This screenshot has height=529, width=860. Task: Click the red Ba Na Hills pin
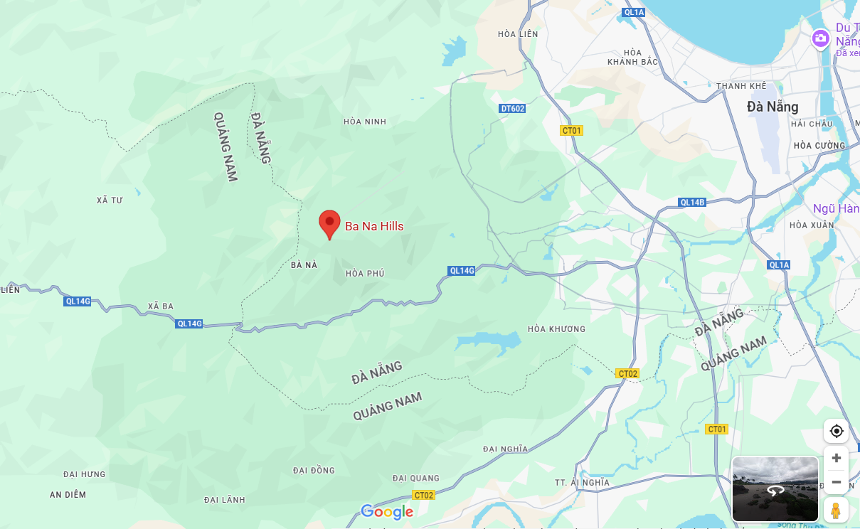tap(329, 223)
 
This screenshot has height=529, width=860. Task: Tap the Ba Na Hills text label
tap(374, 227)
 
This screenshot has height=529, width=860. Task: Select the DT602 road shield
tap(512, 109)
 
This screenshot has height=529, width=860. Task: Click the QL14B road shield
tap(691, 202)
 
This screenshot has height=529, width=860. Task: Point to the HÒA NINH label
tap(365, 122)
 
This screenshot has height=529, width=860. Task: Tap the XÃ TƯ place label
tap(110, 201)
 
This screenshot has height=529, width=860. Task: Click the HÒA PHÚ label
tap(365, 274)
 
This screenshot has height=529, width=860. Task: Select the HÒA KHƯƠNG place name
tap(556, 329)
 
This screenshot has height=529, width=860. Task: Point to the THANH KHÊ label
tap(741, 86)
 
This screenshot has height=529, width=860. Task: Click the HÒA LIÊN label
tap(518, 34)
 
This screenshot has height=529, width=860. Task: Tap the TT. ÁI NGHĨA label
tap(582, 483)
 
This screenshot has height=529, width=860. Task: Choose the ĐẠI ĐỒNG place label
tap(314, 471)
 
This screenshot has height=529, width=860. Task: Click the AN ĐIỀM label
tap(68, 495)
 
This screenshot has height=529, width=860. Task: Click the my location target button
tap(837, 431)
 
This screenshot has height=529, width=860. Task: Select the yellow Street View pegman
tap(836, 511)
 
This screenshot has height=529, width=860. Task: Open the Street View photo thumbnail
tap(775, 489)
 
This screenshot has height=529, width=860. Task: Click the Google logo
tap(387, 512)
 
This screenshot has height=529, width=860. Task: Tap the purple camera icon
tap(821, 38)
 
